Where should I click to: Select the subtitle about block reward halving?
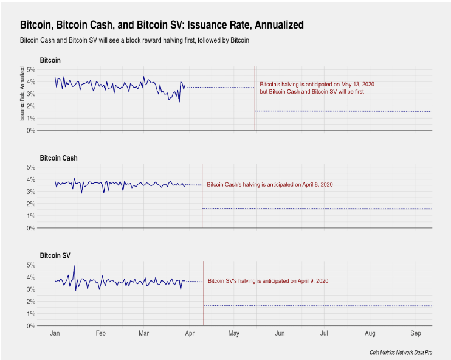[x=135, y=41]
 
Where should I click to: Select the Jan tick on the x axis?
[x=55, y=334]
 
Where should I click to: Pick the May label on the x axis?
[x=234, y=334]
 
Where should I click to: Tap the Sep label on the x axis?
[x=416, y=334]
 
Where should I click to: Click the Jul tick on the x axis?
[x=325, y=334]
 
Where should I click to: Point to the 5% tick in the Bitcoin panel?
[x=30, y=69]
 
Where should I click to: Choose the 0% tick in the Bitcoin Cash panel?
[x=30, y=228]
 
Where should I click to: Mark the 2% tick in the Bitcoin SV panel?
[x=30, y=302]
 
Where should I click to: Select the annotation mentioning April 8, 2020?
[x=270, y=184]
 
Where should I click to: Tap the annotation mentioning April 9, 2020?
[x=268, y=281]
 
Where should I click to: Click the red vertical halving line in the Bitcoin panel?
[x=255, y=97]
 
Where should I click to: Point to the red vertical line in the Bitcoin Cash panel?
[x=202, y=195]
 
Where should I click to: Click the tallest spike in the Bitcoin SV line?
[x=74, y=266]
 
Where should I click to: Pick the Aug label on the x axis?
[x=370, y=334]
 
